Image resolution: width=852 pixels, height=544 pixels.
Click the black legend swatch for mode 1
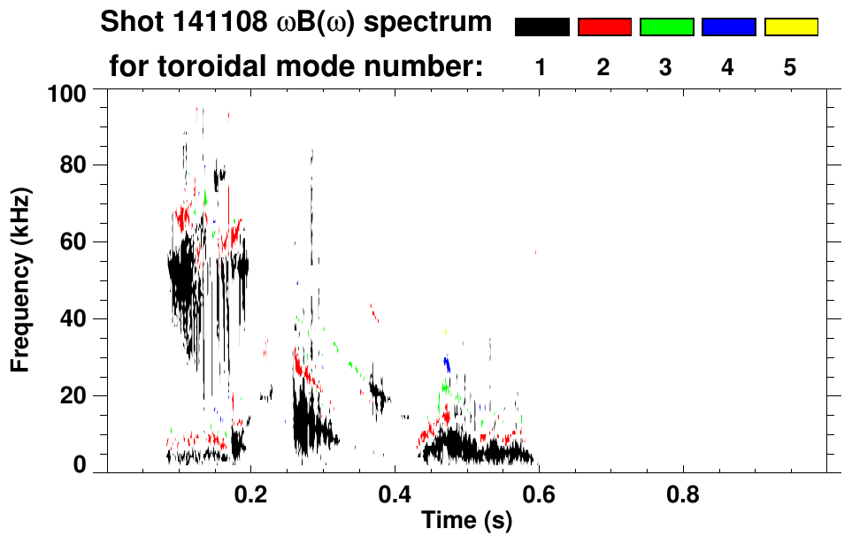pyautogui.click(x=541, y=27)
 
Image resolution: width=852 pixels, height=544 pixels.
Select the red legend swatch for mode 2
pyautogui.click(x=604, y=27)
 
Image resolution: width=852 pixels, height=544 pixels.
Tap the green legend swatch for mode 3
pyautogui.click(x=666, y=27)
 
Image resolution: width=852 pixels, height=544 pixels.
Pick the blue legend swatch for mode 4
pyautogui.click(x=728, y=27)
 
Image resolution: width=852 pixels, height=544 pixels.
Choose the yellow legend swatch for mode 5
pyautogui.click(x=790, y=27)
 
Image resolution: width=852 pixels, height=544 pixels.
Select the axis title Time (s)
pyautogui.click(x=465, y=522)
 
